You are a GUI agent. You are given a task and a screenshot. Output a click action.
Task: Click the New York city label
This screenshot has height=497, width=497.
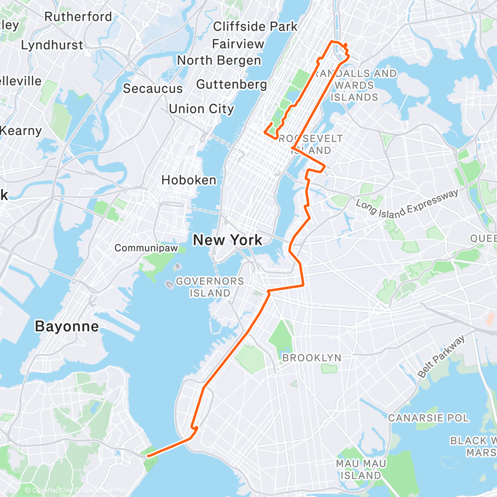tap(228, 240)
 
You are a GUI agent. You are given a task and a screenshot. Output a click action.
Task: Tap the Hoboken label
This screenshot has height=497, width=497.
tap(189, 180)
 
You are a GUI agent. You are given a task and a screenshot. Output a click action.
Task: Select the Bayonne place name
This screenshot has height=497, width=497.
tap(67, 327)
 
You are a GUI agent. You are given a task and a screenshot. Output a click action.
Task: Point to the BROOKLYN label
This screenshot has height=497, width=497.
tap(312, 358)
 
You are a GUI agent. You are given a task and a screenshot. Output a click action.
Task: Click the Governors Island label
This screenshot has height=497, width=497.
tap(209, 287)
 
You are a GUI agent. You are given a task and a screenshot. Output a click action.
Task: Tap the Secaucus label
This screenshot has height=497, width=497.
tap(153, 88)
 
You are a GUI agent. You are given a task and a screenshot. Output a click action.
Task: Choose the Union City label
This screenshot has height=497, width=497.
tap(201, 108)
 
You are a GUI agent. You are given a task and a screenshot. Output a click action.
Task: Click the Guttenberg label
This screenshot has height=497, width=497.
tap(232, 84)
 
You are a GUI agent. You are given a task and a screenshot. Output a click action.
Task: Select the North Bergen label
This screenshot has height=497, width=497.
tap(219, 60)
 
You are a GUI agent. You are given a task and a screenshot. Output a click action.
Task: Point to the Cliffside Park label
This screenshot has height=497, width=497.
tap(255, 26)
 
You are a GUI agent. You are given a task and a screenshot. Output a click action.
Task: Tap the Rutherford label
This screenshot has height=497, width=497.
tap(78, 16)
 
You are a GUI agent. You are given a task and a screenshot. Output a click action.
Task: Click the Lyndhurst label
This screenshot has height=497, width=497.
tap(52, 45)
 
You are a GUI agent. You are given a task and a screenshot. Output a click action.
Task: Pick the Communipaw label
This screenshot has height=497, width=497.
tap(146, 248)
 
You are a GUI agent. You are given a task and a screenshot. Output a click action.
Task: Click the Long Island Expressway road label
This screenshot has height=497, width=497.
tap(407, 202)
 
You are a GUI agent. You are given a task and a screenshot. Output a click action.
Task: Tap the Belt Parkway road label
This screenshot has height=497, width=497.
tap(441, 356)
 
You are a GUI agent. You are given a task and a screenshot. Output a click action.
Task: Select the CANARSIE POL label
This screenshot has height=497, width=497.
tap(428, 418)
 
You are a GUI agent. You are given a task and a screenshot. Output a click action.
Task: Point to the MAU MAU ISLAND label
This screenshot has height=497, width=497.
tap(361, 469)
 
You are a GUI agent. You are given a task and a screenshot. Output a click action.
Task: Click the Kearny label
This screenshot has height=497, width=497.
tap(21, 131)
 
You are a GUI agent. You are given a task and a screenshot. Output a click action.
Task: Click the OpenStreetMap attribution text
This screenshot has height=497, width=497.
tap(102, 491)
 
